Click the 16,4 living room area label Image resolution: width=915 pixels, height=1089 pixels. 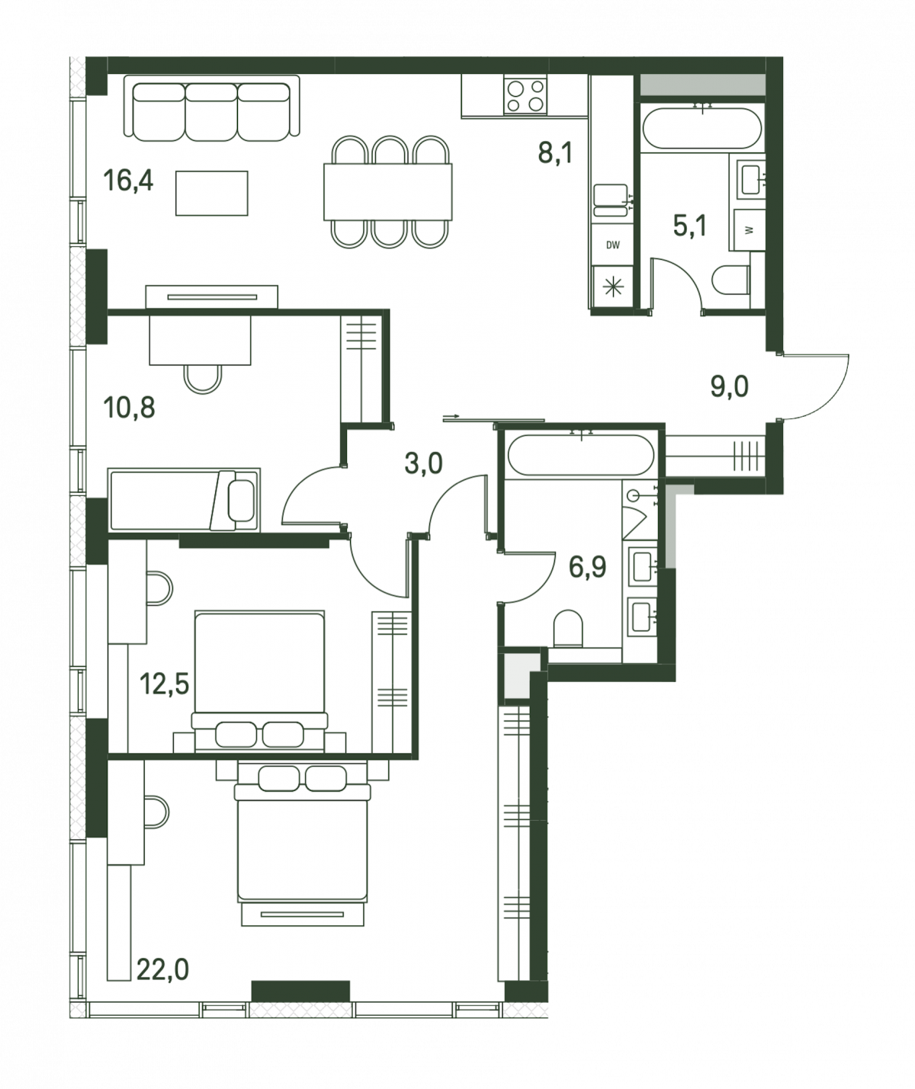point(128,181)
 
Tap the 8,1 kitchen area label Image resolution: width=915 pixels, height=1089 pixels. point(555,153)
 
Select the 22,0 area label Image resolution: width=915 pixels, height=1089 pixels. point(162,969)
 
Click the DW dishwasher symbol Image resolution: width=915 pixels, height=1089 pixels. point(613,245)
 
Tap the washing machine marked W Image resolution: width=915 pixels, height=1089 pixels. point(749,230)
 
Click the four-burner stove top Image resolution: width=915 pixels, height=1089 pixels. point(525,94)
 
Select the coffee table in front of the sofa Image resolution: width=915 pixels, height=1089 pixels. point(211,193)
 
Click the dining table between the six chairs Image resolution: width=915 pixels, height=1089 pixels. point(388,192)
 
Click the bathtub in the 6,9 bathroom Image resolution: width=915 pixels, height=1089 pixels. point(580,455)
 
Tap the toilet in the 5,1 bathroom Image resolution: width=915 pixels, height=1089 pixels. point(730,280)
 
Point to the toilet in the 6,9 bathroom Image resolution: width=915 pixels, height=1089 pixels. point(567,628)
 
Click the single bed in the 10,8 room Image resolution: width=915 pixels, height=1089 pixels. point(184,500)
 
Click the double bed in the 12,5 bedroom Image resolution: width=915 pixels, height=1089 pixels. point(259,681)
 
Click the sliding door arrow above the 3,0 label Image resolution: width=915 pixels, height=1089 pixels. point(451,416)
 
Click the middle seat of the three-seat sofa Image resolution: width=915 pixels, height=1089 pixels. point(211,111)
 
